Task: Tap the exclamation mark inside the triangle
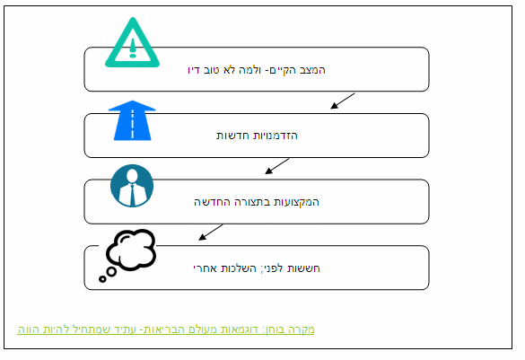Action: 133,48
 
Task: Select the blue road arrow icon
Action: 132,120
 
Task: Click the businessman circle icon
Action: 132,186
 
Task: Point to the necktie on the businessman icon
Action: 132,195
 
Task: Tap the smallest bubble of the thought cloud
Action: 102,278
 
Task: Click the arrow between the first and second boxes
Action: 343,101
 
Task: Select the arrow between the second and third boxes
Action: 277,166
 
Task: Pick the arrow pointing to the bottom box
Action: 211,233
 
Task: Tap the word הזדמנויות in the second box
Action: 276,136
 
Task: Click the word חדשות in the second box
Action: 232,136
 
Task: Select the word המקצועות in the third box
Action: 296,202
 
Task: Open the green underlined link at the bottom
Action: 166,329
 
